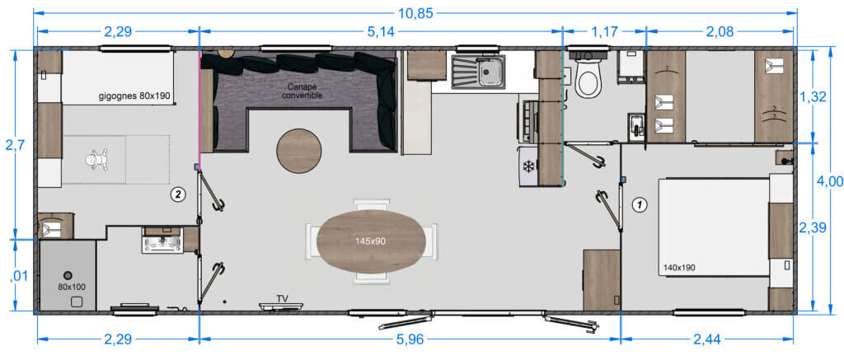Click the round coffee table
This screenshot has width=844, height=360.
(x=298, y=151)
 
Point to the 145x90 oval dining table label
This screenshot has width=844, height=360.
(x=370, y=241)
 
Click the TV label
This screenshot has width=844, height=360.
(x=282, y=298)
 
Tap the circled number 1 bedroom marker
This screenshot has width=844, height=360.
(x=639, y=204)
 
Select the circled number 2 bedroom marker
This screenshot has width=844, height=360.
(x=178, y=194)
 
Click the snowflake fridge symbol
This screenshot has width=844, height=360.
(x=528, y=167)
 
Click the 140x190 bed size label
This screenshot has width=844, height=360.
(x=679, y=266)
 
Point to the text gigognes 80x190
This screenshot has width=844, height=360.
(x=134, y=97)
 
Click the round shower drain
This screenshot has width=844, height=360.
(x=68, y=274)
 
